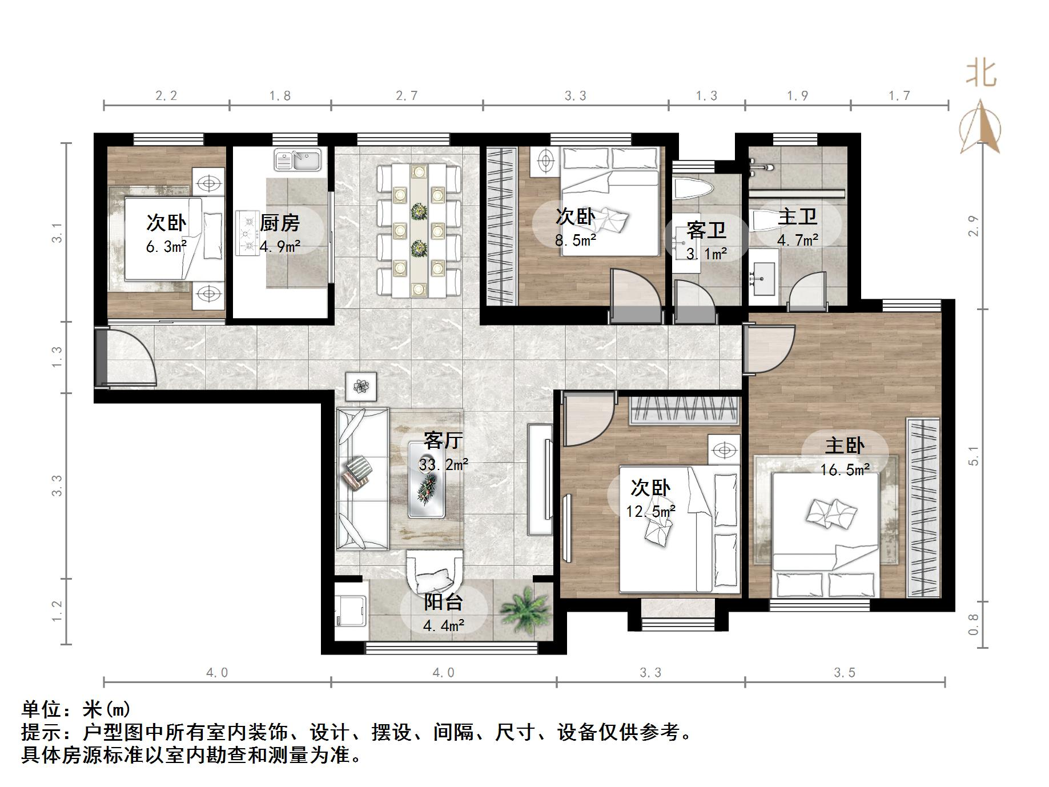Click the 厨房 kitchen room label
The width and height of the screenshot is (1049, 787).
(279, 223)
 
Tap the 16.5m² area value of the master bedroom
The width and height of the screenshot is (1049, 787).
(845, 470)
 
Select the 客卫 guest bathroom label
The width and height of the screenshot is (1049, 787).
(706, 230)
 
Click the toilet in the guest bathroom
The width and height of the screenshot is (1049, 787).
(693, 188)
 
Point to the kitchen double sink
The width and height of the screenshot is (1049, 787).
(298, 159)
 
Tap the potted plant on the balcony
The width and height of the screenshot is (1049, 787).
(524, 608)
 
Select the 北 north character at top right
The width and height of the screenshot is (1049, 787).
(981, 74)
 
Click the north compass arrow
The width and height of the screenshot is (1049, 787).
(980, 129)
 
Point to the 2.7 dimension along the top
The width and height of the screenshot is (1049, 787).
(407, 95)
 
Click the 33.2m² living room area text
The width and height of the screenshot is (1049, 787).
(443, 465)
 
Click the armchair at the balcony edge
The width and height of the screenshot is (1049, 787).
(434, 571)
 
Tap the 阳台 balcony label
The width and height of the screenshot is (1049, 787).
(443, 602)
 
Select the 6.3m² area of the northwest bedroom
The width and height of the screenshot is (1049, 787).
(166, 247)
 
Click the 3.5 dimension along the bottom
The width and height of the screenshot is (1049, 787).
(844, 673)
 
